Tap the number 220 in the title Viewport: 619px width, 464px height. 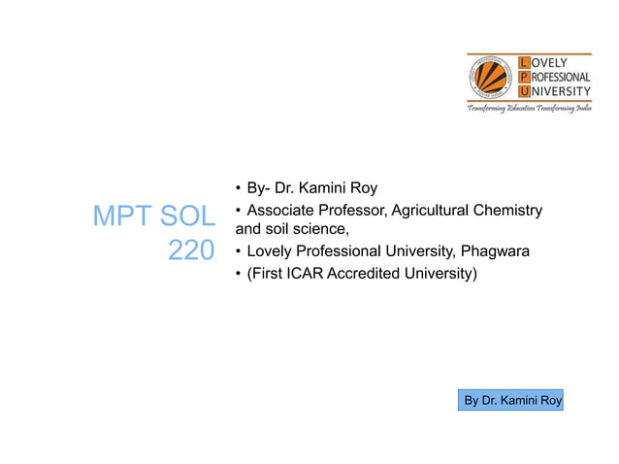tap(191, 251)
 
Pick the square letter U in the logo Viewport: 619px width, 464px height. tap(525, 91)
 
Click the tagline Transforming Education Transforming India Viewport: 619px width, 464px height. tap(529, 110)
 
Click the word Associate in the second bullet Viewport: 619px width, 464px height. tap(282, 212)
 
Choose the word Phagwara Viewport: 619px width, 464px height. tap(495, 252)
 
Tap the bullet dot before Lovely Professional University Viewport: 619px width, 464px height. tap(239, 252)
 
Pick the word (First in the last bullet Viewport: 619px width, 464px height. tap(265, 275)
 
